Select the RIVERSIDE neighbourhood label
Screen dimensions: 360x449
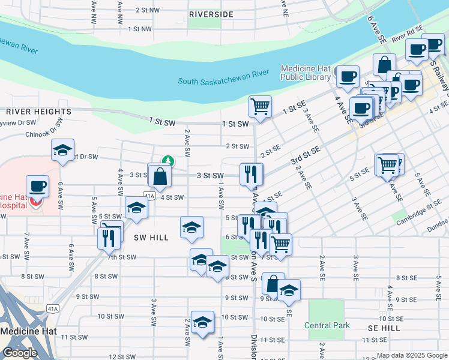[211, 14]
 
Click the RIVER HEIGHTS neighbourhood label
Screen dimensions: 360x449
[39, 112]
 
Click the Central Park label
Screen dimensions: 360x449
[327, 326]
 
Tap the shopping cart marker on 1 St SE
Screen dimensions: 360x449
[260, 107]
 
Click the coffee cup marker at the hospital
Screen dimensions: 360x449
[38, 186]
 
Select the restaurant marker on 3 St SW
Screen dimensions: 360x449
[251, 174]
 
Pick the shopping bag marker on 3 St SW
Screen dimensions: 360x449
[160, 176]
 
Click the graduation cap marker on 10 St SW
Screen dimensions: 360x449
[203, 322]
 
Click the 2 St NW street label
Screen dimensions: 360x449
[148, 10]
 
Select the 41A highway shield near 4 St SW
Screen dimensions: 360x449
[149, 196]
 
